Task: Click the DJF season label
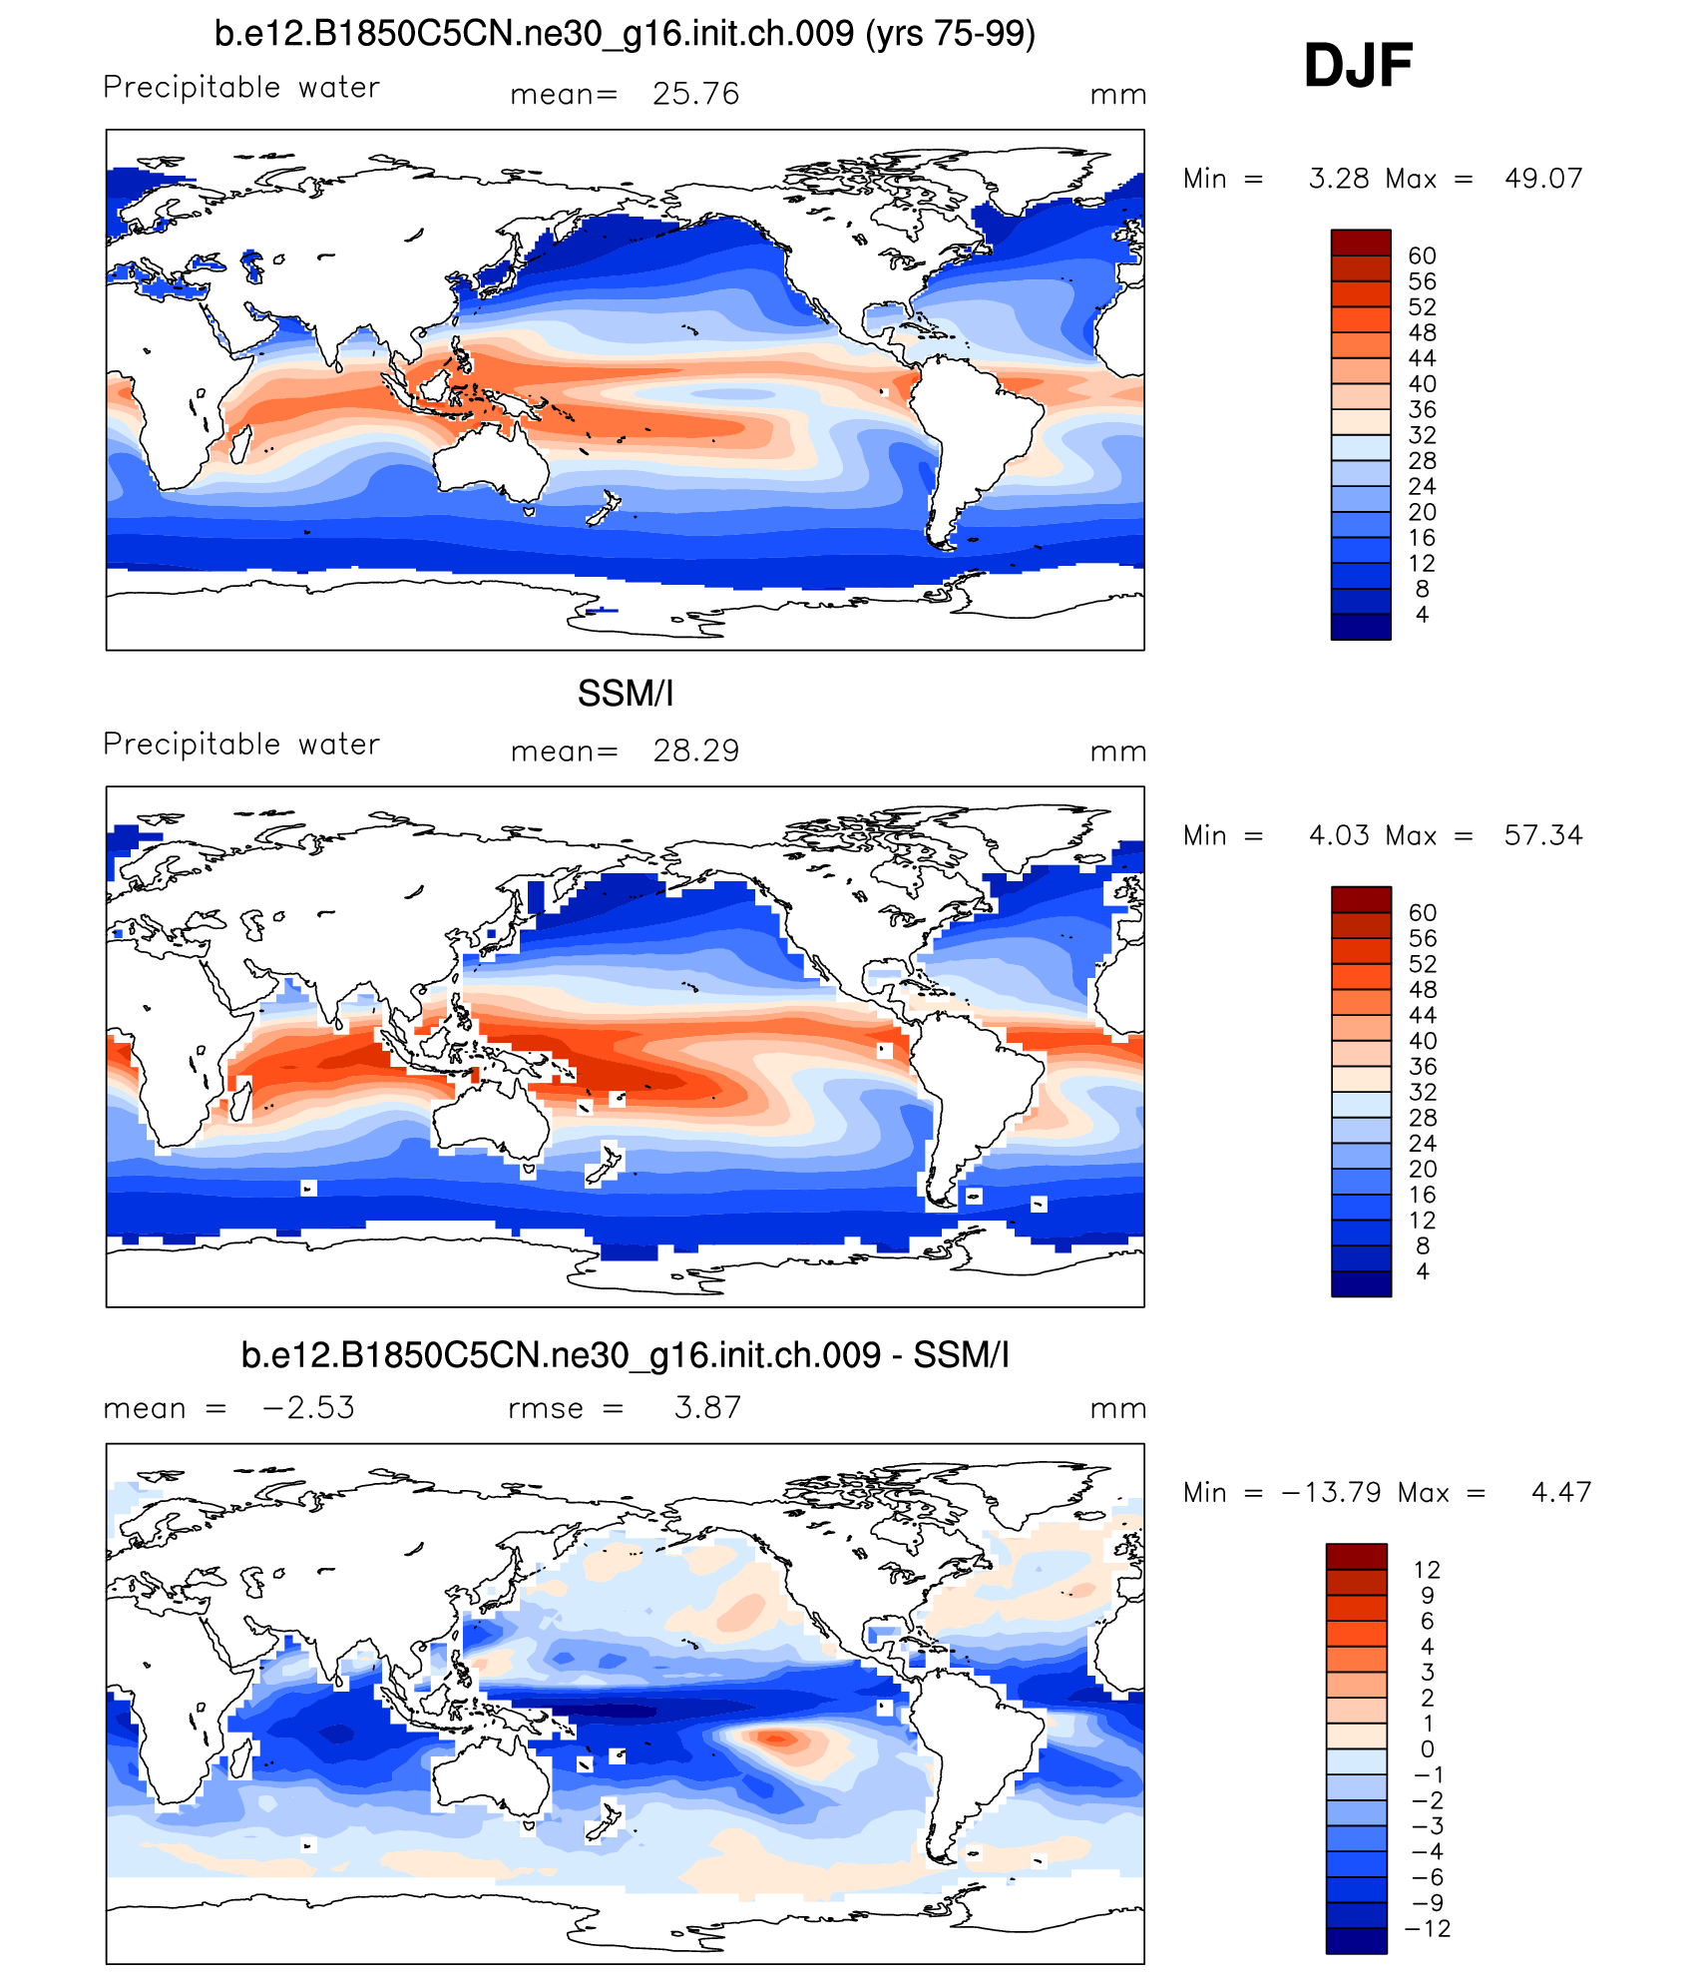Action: [1358, 66]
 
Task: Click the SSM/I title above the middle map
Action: [626, 694]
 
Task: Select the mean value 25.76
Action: [695, 94]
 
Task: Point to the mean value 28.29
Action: [695, 750]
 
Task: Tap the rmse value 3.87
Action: [707, 1407]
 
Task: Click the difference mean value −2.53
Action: [308, 1407]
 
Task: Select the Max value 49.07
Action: [1543, 179]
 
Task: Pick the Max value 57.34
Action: [1543, 835]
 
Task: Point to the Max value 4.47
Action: [1561, 1492]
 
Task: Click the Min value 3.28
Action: [1339, 179]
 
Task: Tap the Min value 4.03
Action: [1339, 835]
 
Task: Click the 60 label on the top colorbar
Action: [1422, 256]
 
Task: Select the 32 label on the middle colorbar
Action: [1422, 1092]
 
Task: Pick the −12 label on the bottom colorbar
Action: [1428, 1928]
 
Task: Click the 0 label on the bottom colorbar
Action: [1428, 1748]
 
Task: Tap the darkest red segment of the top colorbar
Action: [1361, 243]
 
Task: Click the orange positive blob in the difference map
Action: [777, 1738]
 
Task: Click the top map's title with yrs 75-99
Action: [625, 34]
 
